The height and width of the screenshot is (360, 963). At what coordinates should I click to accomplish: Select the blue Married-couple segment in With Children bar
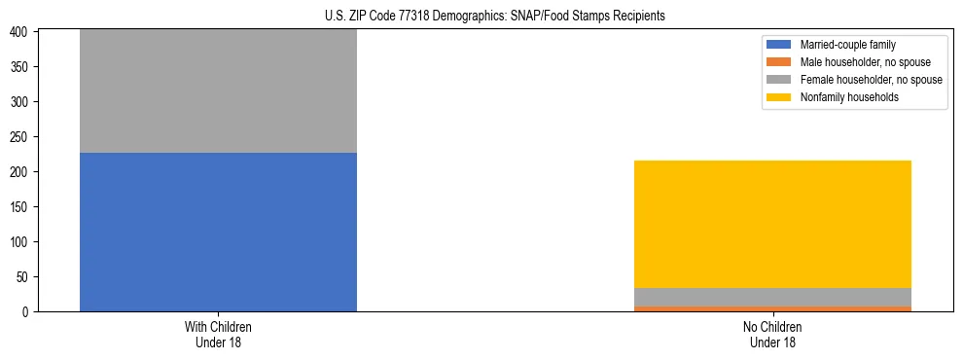coord(218,232)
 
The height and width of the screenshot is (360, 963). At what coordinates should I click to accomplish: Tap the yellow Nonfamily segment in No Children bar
coord(772,224)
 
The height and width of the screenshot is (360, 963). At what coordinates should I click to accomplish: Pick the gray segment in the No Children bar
coord(772,297)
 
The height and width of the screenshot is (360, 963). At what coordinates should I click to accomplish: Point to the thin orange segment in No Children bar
coord(772,308)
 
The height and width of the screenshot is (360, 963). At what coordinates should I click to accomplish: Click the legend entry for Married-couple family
coord(847,45)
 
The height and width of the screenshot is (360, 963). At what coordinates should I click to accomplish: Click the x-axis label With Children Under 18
coord(218,334)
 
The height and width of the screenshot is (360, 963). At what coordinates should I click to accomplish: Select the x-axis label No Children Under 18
coord(772,334)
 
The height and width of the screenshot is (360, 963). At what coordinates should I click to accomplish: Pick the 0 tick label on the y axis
coord(29,312)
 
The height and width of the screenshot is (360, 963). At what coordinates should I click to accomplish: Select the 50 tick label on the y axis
coord(26,277)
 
